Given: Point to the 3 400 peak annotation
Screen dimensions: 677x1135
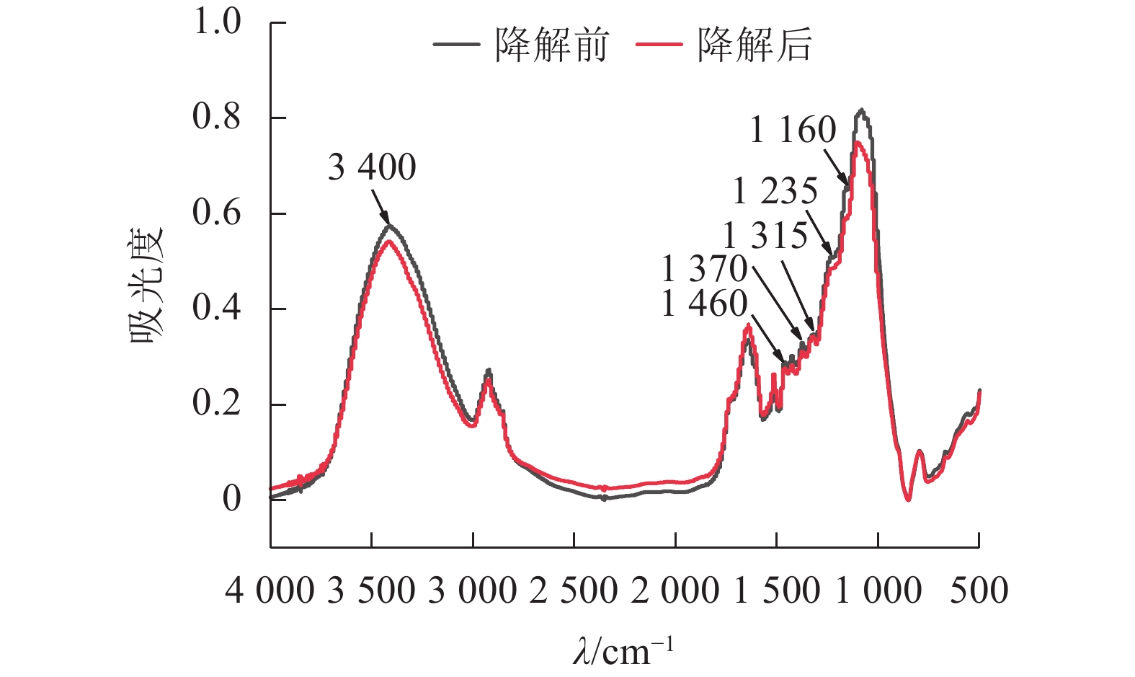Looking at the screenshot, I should pyautogui.click(x=372, y=168).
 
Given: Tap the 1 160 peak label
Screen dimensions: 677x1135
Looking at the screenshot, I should pyautogui.click(x=793, y=130).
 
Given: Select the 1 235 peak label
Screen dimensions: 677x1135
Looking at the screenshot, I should pyautogui.click(x=775, y=192).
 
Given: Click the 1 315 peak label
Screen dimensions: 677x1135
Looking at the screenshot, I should pyautogui.click(x=765, y=236).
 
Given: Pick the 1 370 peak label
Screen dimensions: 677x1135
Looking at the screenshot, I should pyautogui.click(x=704, y=270).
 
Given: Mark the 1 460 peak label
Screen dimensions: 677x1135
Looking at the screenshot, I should pyautogui.click(x=704, y=304).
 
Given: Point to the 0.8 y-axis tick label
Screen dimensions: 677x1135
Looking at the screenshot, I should pyautogui.click(x=216, y=117).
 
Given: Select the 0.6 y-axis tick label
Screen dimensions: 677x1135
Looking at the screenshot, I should pyautogui.click(x=216, y=213).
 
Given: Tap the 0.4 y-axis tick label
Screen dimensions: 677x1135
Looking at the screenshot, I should pyautogui.click(x=216, y=308).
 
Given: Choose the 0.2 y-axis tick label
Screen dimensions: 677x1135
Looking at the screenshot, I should pyautogui.click(x=216, y=404).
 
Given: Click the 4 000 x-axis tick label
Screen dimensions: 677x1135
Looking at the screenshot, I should pyautogui.click(x=270, y=591).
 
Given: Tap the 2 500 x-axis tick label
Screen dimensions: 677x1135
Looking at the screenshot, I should pyautogui.click(x=574, y=591).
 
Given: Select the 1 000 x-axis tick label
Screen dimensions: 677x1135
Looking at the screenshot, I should pyautogui.click(x=878, y=591).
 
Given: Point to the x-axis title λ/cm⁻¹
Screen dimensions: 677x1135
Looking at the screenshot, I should pyautogui.click(x=623, y=650).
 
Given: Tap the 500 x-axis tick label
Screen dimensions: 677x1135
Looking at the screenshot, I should pyautogui.click(x=979, y=591).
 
